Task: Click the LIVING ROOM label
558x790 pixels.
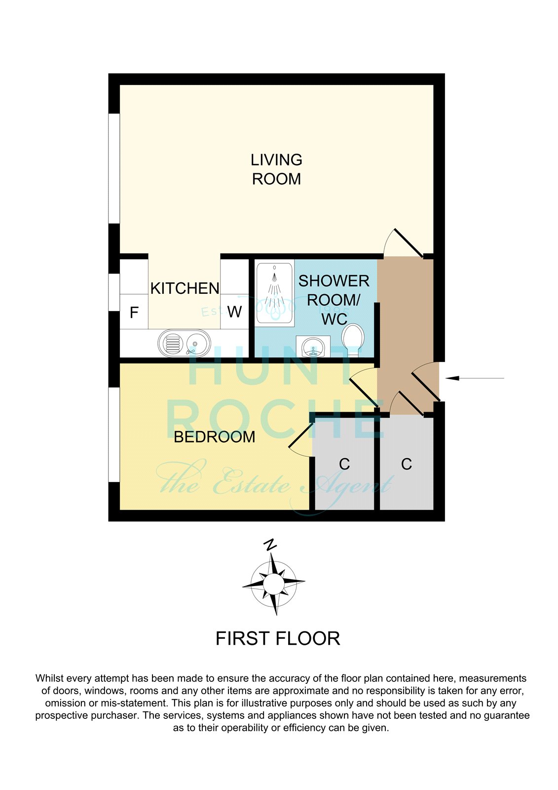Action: pos(276,169)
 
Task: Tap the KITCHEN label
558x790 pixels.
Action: pos(185,288)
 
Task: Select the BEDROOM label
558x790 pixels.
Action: pos(214,437)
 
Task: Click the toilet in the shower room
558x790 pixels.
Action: pos(352,340)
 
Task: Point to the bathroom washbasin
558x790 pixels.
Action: pos(313,346)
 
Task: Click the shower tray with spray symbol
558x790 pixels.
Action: pos(275,292)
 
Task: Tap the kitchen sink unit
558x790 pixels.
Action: pos(184,343)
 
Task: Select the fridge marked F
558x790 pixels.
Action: pos(134,312)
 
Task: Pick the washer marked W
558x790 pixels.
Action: pos(235,312)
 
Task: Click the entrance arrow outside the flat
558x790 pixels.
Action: pos(475,378)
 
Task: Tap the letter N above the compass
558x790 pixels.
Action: pos(270,545)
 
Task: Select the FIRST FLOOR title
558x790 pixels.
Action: pos(278,638)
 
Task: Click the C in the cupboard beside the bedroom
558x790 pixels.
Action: pos(344,464)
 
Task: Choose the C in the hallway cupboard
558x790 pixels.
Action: pos(407,464)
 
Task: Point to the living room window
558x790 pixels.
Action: pos(114,168)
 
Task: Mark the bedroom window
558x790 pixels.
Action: pos(114,434)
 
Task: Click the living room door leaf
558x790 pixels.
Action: pos(409,243)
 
